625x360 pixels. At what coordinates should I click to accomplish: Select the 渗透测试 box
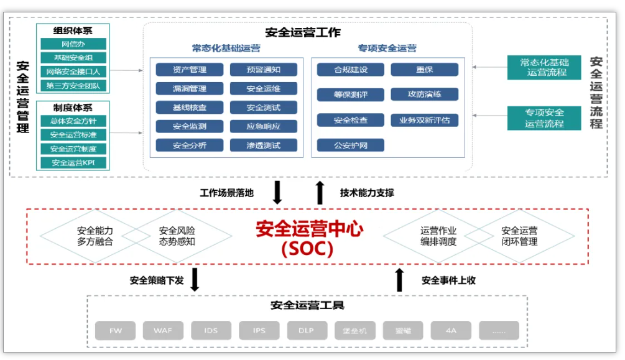263,145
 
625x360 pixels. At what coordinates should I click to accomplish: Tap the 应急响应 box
263,126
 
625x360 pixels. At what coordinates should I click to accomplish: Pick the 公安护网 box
350,145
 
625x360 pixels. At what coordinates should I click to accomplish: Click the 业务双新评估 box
425,120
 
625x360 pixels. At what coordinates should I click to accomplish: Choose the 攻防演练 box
425,95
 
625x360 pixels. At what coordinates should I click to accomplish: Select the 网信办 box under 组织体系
73,44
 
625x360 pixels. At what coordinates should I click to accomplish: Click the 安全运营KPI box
73,163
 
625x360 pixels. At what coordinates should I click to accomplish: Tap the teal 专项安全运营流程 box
544,118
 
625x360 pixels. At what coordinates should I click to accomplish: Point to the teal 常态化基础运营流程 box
544,67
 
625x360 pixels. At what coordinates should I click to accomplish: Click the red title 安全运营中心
309,229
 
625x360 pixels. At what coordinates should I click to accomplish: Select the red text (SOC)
307,249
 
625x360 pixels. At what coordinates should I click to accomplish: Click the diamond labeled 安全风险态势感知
177,236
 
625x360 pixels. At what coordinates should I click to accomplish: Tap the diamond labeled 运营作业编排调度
438,236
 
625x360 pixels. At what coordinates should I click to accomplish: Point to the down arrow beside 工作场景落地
277,193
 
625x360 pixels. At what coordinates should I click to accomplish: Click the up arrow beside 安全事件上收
399,280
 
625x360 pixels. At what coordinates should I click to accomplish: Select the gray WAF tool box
163,331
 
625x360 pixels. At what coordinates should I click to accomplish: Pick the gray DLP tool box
306,331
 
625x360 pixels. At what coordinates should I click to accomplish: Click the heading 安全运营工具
307,305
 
